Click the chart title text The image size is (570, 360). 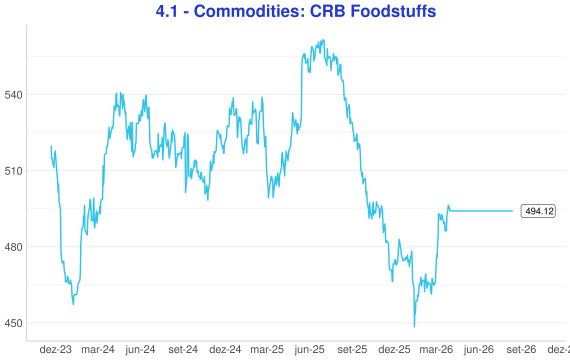(296, 11)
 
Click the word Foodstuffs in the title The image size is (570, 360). (393, 11)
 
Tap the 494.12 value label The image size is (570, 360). (538, 211)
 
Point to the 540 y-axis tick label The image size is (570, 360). (13, 95)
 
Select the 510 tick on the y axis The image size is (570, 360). (13, 171)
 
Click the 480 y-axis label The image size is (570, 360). (13, 247)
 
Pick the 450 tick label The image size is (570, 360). (13, 323)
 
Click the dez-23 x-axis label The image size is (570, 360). (56, 350)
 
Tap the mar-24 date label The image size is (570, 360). (98, 350)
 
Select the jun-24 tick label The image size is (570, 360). (140, 350)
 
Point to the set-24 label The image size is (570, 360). (183, 350)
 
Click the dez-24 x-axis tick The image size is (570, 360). (225, 350)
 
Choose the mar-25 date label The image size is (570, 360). (267, 350)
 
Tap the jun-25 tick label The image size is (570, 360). (309, 350)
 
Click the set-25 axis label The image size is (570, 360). (352, 350)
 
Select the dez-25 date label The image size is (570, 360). (394, 350)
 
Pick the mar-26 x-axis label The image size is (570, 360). (436, 350)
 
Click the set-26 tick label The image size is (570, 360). (521, 350)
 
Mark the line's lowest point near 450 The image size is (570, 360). (414, 326)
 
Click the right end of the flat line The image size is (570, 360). (513, 211)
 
